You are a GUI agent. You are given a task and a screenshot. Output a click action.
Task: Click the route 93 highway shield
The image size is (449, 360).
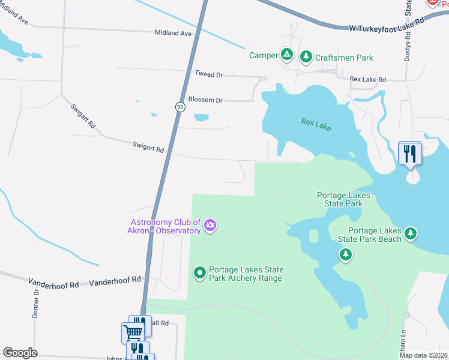click(x=180, y=107)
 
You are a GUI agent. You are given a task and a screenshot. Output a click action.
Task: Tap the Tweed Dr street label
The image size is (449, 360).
click(x=208, y=74)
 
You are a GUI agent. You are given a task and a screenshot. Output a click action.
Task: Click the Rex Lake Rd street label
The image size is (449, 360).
click(x=368, y=79)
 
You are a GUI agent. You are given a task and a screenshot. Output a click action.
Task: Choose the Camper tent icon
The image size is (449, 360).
click(x=288, y=56)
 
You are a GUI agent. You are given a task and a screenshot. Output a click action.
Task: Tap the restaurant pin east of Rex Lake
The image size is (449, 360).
click(x=411, y=153)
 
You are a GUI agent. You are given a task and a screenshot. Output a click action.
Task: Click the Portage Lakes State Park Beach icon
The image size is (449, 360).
click(x=411, y=233)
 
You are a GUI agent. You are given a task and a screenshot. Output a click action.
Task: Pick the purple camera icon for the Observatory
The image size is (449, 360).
click(x=209, y=226)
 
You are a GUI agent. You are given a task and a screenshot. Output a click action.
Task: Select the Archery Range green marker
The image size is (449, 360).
click(x=199, y=273)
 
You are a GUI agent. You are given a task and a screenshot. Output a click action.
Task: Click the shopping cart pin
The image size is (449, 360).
click(x=133, y=332)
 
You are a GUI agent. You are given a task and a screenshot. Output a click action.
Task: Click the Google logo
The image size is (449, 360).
click(x=20, y=353)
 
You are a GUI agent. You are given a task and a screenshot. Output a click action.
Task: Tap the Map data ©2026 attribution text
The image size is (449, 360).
click(x=423, y=355)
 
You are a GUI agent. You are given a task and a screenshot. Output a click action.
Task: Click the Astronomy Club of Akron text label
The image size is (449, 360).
click(x=164, y=226)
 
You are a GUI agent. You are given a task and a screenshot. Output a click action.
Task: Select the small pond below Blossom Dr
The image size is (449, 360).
click(x=202, y=118)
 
